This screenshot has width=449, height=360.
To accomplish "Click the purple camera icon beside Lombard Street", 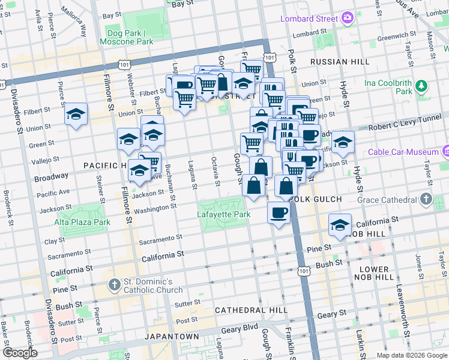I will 347,19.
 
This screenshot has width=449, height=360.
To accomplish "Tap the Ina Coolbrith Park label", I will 396,86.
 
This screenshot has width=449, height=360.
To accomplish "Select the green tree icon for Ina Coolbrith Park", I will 423,86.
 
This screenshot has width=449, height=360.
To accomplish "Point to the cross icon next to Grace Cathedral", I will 426,199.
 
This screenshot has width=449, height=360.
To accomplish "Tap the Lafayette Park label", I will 223,214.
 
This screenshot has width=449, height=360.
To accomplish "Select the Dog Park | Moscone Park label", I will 130,37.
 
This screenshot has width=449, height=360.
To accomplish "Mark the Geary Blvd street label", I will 242,328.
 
